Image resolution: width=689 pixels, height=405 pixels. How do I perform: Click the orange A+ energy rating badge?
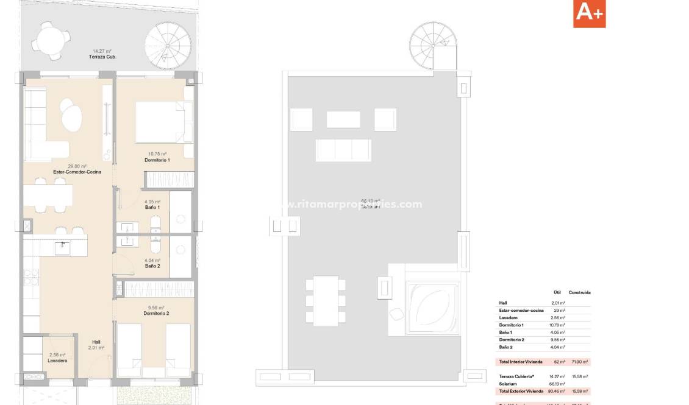[589, 13]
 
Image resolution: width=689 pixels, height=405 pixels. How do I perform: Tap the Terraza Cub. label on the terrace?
[102, 57]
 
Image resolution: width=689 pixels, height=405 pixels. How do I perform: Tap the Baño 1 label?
[152, 208]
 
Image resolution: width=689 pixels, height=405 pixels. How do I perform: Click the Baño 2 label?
[152, 266]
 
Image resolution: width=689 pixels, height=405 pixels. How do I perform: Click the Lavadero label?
[57, 361]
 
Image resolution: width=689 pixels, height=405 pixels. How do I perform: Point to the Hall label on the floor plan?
[96, 342]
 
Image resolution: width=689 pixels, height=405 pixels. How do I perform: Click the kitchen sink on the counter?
[62, 247]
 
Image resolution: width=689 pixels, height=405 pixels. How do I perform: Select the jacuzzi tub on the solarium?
[432, 307]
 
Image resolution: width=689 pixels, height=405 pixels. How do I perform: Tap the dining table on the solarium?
[326, 300]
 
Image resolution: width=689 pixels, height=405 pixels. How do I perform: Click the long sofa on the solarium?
[343, 150]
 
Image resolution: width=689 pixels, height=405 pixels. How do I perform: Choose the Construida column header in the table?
[579, 292]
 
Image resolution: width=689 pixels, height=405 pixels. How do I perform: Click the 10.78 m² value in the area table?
[558, 325]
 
